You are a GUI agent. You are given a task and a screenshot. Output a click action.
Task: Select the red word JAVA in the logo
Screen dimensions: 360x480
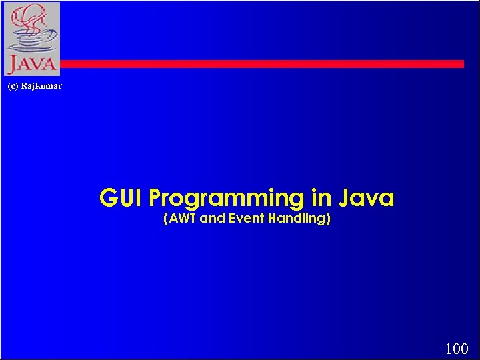(31, 65)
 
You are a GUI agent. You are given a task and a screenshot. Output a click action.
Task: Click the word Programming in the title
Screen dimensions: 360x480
(227, 199)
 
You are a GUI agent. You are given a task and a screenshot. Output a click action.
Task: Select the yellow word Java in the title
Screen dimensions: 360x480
(366, 198)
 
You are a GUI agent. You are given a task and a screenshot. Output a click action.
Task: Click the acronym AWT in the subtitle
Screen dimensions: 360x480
(183, 218)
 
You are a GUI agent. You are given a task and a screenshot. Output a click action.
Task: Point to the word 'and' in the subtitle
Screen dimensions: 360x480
(213, 218)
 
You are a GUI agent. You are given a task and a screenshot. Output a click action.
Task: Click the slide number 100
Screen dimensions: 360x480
(457, 348)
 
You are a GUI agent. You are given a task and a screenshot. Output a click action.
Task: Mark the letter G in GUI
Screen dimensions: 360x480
(109, 198)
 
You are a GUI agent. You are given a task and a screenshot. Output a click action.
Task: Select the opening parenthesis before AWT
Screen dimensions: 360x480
(166, 219)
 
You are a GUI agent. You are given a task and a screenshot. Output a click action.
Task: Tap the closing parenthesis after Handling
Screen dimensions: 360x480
(328, 219)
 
